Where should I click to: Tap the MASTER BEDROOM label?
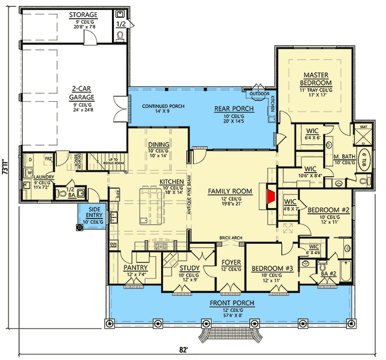click(x=316, y=78)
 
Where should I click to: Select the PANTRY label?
click(x=136, y=267)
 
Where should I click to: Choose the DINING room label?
click(x=158, y=144)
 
